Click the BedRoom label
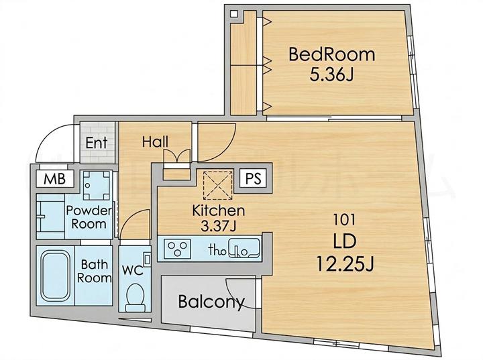coord(332,54)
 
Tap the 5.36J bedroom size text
coord(331,74)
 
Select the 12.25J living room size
coord(345,264)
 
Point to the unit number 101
coord(344,220)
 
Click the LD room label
coord(345,241)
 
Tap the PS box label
coord(254,178)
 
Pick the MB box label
coord(54,178)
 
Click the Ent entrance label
coord(97,143)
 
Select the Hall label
coord(155,142)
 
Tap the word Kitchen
coord(219,211)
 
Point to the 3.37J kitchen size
coord(218,227)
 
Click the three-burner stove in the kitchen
coord(177,249)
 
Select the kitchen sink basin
coord(246,247)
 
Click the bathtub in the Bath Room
coord(56,276)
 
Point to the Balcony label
coord(211,302)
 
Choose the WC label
coord(132,270)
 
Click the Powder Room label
coord(89,217)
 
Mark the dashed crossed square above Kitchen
coord(218,185)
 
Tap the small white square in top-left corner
coord(234,14)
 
